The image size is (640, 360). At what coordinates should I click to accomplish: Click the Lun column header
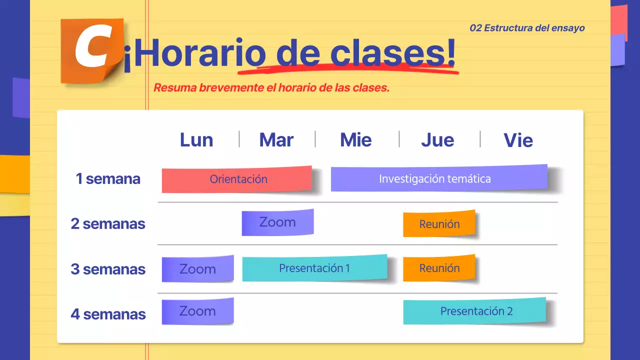click(x=196, y=140)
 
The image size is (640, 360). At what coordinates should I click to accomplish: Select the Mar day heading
click(x=276, y=140)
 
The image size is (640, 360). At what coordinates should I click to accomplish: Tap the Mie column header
click(x=356, y=140)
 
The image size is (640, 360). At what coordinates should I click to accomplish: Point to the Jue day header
click(x=437, y=140)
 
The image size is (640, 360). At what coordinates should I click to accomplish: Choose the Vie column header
click(x=518, y=140)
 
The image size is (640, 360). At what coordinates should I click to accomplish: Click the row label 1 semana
click(x=108, y=179)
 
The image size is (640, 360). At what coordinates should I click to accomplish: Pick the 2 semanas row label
click(x=108, y=223)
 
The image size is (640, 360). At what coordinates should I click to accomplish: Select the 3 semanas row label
click(x=108, y=269)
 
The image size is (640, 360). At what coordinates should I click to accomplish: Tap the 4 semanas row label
click(x=108, y=314)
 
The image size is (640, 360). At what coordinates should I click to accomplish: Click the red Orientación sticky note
click(x=237, y=179)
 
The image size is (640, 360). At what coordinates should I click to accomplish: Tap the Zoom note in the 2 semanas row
click(x=277, y=222)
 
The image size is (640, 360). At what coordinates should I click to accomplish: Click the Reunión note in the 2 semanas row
click(x=439, y=224)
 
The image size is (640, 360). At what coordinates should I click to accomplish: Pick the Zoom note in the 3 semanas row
click(x=197, y=269)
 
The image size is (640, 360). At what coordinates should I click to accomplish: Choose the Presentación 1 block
click(x=314, y=268)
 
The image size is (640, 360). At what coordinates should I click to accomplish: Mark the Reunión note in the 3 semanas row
click(x=439, y=268)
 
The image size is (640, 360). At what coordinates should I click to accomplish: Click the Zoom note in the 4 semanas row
click(x=197, y=311)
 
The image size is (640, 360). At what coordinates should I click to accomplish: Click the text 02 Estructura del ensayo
click(x=527, y=28)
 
